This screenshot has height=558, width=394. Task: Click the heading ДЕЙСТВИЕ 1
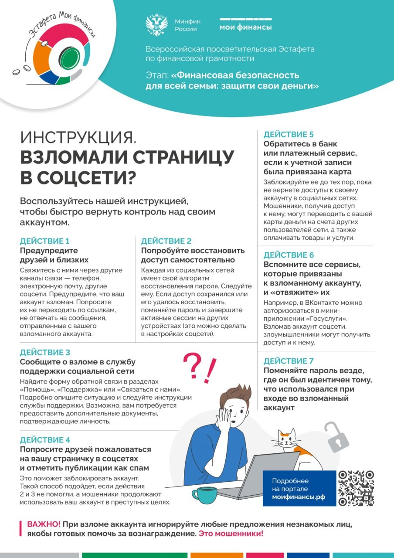45,241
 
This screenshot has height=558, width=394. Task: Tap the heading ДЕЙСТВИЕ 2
166,241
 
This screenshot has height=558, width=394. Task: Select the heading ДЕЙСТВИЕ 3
45,353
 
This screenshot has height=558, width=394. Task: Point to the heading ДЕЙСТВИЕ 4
45,440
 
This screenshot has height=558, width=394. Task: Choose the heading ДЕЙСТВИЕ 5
289,134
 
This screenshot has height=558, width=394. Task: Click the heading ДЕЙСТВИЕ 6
289,255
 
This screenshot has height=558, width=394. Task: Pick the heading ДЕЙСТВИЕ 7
289,361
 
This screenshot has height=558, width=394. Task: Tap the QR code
356,488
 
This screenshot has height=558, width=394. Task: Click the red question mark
192,365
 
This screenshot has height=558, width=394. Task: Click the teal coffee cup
204,495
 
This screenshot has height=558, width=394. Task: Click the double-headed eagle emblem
156,25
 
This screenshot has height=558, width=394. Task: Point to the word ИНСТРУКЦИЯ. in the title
78,138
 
